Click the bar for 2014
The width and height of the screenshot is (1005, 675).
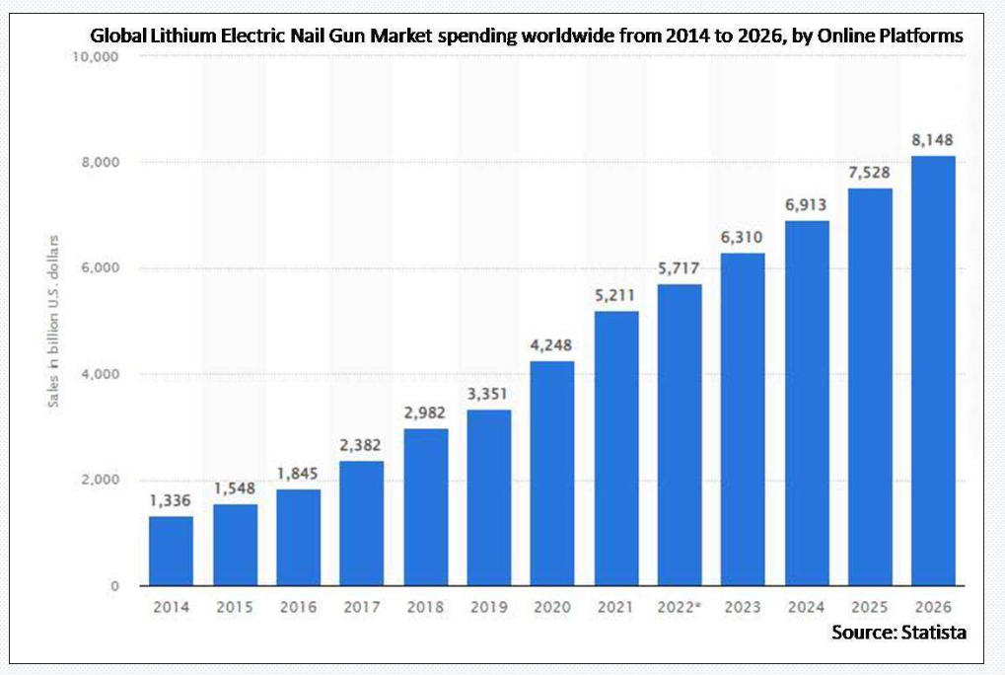[171, 551]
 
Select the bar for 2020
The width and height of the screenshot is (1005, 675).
[552, 474]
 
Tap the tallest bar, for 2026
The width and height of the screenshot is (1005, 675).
[933, 371]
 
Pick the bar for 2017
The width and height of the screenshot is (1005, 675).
[361, 523]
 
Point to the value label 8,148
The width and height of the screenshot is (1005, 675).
[933, 139]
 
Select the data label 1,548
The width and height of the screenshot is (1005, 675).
[235, 488]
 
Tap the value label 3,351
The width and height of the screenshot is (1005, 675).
[488, 395]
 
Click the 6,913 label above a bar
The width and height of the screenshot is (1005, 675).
[806, 204]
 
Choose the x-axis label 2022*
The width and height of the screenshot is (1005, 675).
[679, 606]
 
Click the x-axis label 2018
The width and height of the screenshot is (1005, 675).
[425, 606]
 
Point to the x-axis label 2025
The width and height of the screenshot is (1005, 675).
[870, 606]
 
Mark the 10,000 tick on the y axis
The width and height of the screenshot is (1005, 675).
[96, 57]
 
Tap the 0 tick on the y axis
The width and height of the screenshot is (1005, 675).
[115, 586]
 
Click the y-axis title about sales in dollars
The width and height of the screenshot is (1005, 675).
[54, 321]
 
